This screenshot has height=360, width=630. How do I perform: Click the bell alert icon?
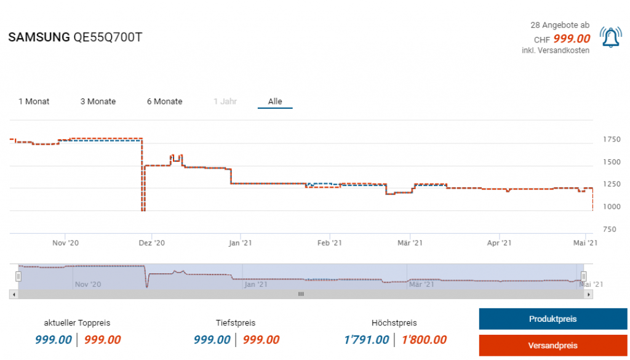(610, 38)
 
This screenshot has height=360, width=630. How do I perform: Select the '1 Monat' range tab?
(34, 102)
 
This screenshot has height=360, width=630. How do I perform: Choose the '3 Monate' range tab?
(98, 102)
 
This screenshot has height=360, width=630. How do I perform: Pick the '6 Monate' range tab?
(164, 102)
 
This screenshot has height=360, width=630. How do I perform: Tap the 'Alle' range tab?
(275, 102)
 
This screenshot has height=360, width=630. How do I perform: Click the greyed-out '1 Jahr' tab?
(225, 102)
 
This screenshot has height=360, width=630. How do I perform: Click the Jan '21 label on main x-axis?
(240, 243)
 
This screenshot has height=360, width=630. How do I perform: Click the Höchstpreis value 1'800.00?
(424, 340)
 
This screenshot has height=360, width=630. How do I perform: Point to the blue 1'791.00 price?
(367, 340)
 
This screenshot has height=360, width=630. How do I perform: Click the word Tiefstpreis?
(236, 322)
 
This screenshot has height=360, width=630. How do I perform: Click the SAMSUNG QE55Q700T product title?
(75, 38)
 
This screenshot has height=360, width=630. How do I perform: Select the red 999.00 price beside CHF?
(572, 39)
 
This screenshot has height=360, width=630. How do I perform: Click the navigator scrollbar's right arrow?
(589, 295)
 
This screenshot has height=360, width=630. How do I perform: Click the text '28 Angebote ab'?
(560, 25)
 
